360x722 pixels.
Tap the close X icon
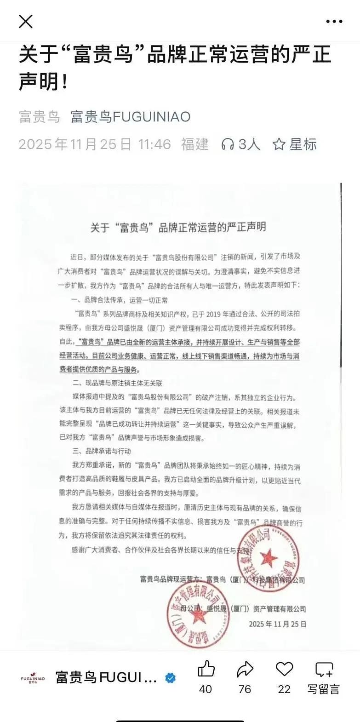click(x=26, y=21)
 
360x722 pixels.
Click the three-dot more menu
click(x=334, y=21)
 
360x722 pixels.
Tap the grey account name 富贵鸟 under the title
click(x=40, y=117)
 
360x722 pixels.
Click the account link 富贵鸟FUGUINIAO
click(x=131, y=117)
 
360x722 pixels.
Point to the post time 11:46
click(x=154, y=144)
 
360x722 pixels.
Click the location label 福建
click(x=195, y=144)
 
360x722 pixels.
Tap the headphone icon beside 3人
click(x=228, y=144)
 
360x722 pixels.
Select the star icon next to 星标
click(x=279, y=144)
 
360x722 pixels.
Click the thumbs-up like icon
click(x=206, y=669)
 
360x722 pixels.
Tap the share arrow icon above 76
click(x=245, y=669)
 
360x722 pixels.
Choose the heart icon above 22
click(x=284, y=669)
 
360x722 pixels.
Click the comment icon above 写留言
click(x=324, y=669)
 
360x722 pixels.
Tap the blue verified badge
click(x=170, y=678)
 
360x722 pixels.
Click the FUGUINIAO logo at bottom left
click(x=33, y=678)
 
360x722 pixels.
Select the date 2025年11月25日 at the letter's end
click(x=278, y=624)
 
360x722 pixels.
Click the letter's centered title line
click(x=178, y=227)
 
